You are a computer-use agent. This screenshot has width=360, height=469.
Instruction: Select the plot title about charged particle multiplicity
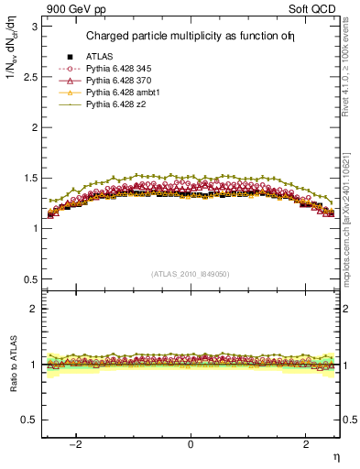(x=191, y=37)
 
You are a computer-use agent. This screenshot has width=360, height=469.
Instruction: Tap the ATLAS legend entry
(x=98, y=58)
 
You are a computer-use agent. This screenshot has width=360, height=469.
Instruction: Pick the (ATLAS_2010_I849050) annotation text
(x=191, y=274)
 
